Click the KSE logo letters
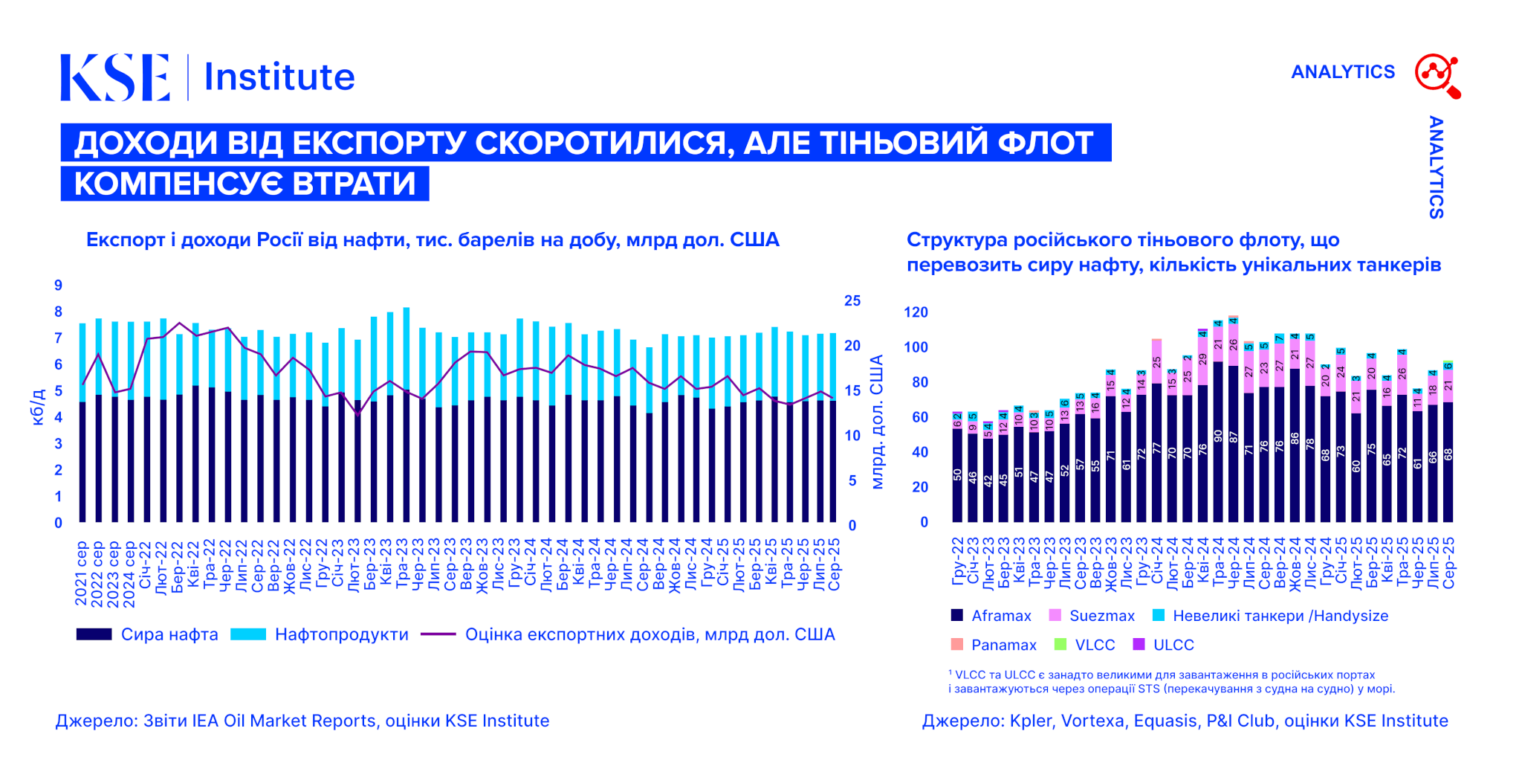pos(115,77)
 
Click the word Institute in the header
pos(279,77)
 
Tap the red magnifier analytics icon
pos(1437,75)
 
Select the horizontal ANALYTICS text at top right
pos(1343,72)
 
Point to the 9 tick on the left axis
pos(58,286)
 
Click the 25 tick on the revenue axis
pos(852,301)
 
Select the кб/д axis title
pos(38,406)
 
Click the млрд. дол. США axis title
pos(877,422)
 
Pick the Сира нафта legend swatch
pos(94,634)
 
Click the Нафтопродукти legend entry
pos(341,634)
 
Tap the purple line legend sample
pos(438,634)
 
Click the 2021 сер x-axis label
pos(81,572)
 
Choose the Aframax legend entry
pos(1000,616)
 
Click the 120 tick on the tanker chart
pos(916,312)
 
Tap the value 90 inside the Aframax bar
pos(1218,436)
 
